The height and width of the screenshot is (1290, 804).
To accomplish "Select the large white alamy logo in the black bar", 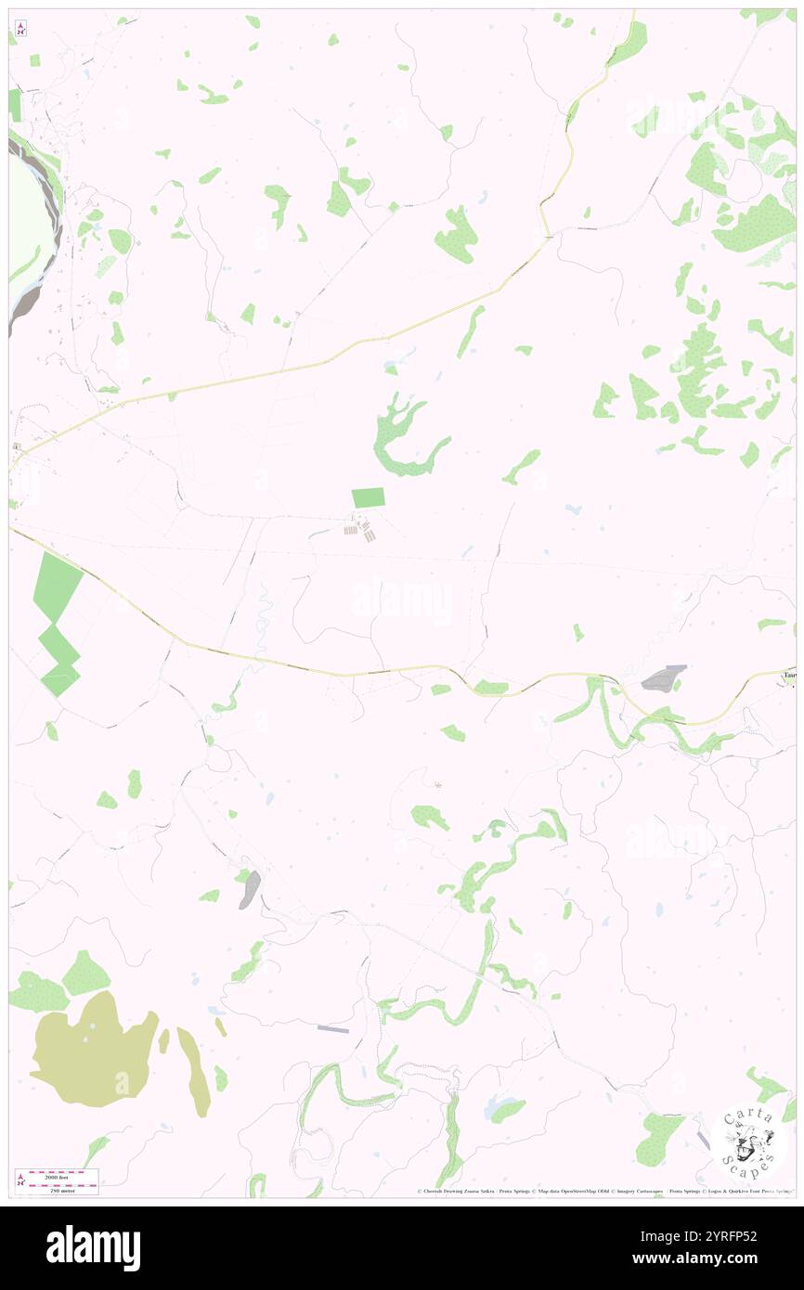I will point(93,1247).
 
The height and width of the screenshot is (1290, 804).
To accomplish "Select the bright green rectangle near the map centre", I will point(368,498).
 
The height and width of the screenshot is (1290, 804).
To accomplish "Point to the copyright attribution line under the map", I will point(603,1192).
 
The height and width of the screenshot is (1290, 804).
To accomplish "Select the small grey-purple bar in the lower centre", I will point(332,1029).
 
